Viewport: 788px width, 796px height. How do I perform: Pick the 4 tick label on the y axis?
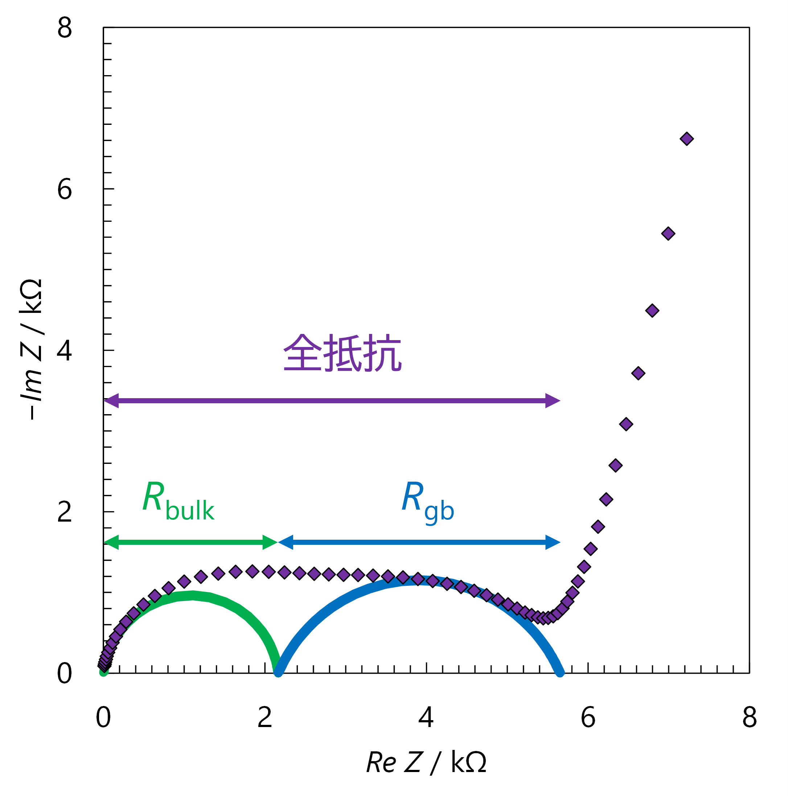[65, 351]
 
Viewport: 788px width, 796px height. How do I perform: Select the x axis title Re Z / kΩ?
[426, 762]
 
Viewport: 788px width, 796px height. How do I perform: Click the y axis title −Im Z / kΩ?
[31, 350]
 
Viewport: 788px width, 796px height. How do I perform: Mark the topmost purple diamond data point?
[687, 139]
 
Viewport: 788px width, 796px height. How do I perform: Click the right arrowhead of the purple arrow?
[553, 400]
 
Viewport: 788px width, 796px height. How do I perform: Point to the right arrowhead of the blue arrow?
[553, 542]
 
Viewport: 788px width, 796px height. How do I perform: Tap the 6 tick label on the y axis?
[65, 189]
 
